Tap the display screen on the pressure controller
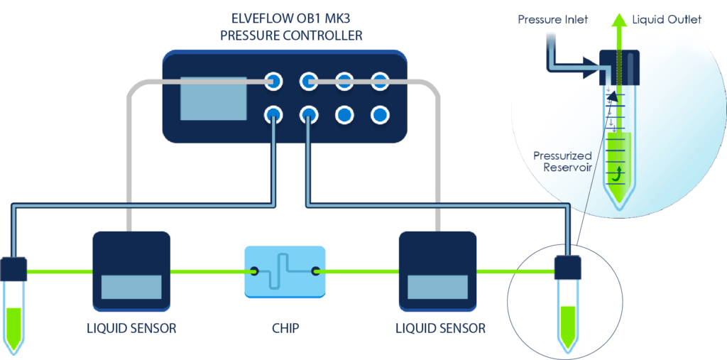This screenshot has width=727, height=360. point(213,98)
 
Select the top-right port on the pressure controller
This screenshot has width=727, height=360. point(380,81)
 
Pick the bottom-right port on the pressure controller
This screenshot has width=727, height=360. point(380,114)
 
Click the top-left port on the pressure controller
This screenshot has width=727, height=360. point(272,81)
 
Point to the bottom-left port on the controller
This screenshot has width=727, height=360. point(272,114)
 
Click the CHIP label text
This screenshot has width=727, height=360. point(285,329)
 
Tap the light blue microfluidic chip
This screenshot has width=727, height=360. point(285,271)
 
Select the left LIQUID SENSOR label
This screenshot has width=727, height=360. point(131,329)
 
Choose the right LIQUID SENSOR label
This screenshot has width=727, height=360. point(440,329)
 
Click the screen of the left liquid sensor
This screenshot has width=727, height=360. point(131,286)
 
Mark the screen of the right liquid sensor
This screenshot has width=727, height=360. point(437,286)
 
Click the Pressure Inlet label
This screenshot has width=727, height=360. point(552,19)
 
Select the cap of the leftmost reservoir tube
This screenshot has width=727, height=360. point(13,268)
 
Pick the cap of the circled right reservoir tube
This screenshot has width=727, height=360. point(567,268)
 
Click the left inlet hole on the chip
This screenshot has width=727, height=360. point(253,271)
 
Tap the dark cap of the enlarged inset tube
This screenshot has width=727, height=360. point(620,65)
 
